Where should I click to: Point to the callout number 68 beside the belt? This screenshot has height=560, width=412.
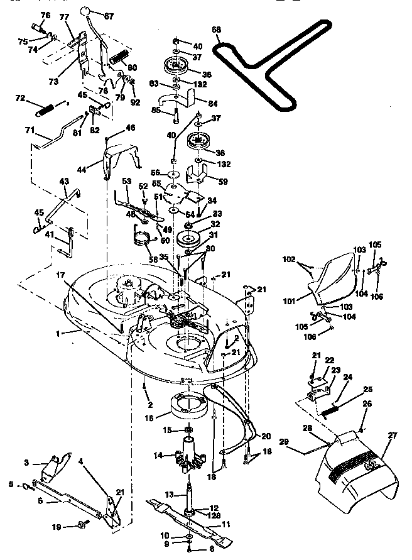[x=217, y=30]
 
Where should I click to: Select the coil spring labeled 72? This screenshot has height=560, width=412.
[x=43, y=109]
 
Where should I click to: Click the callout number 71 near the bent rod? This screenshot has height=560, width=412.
[x=29, y=129]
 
